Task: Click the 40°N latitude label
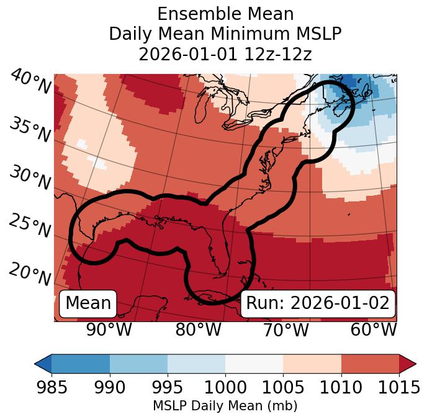[x=30, y=82]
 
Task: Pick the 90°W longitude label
[x=109, y=329]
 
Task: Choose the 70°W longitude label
[x=286, y=329]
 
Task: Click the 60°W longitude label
[x=374, y=329]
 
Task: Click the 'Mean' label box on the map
[x=88, y=303]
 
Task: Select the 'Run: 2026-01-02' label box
[x=318, y=303]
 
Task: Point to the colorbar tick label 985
[x=52, y=388]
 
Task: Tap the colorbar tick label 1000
[x=225, y=388]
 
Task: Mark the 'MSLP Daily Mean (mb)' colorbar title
[x=225, y=407]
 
